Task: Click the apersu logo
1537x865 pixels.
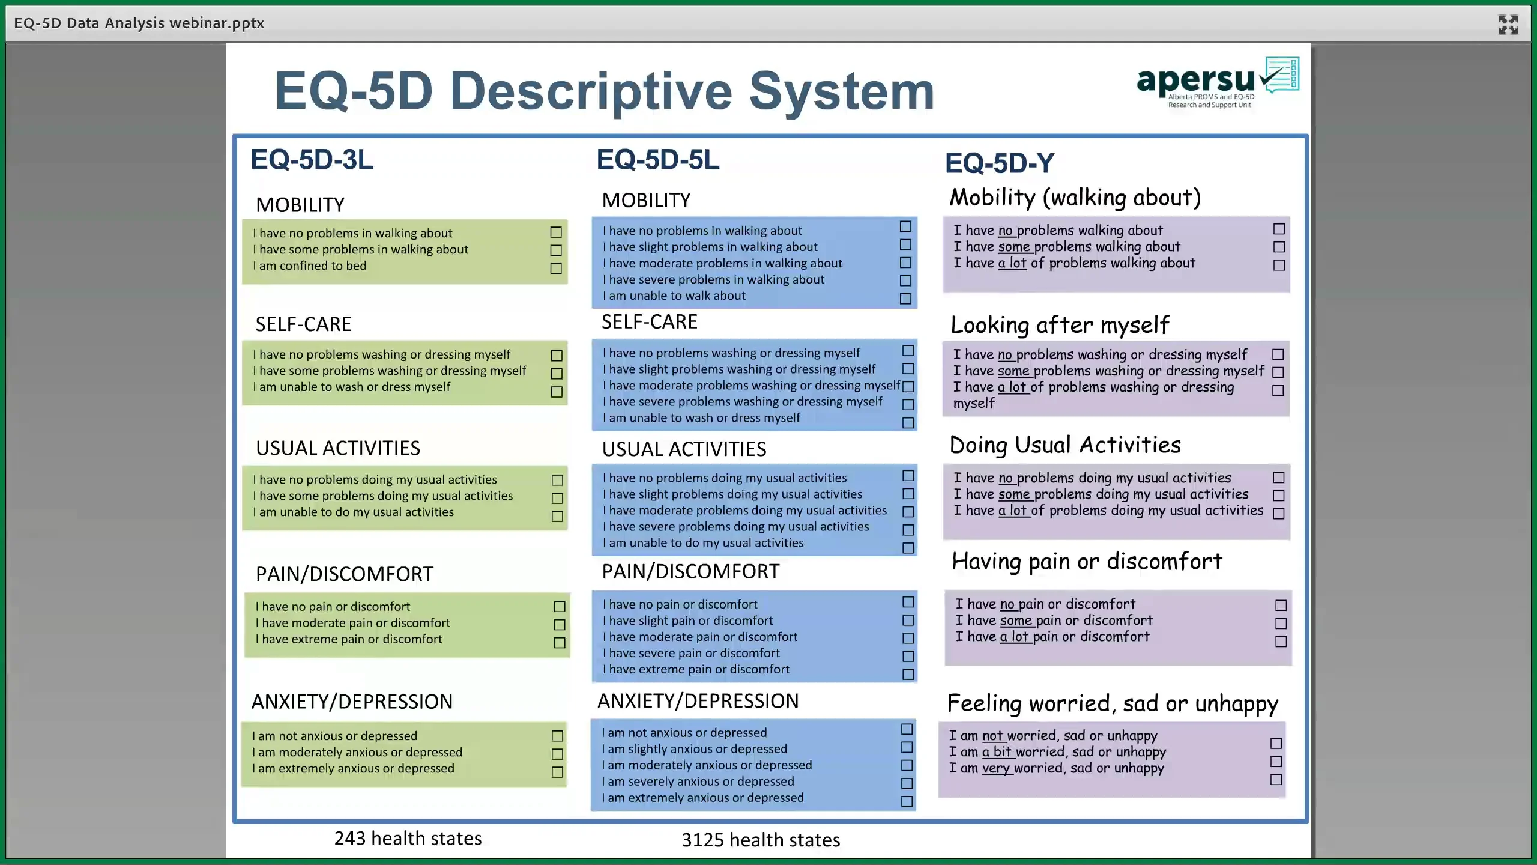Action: click(1216, 83)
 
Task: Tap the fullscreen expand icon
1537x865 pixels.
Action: click(1508, 25)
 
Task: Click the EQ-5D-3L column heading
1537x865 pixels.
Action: click(312, 160)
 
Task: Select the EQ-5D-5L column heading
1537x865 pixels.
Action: click(657, 160)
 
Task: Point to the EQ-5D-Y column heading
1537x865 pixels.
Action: click(1000, 163)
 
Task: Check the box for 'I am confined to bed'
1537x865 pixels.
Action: click(556, 269)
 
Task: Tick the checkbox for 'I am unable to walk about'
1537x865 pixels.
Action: click(905, 299)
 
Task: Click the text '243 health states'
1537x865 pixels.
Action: click(408, 838)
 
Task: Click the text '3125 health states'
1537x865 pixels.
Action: click(760, 839)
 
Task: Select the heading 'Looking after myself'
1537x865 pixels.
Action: click(1060, 325)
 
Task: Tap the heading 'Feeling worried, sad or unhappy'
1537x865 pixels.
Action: click(1113, 703)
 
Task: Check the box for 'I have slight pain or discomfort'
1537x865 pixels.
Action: click(908, 620)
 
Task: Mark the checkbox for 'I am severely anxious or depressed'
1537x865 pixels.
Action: click(907, 783)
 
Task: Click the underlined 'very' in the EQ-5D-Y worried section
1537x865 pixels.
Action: click(996, 768)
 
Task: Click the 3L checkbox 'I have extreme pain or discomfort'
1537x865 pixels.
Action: click(559, 643)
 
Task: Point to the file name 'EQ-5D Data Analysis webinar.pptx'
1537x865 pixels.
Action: click(139, 23)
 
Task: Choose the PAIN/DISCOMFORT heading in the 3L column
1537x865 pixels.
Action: click(344, 574)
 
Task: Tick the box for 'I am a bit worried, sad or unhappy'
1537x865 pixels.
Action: click(1276, 761)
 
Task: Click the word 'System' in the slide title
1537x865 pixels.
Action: click(842, 91)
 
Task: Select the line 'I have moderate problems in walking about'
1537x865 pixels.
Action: click(722, 263)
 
